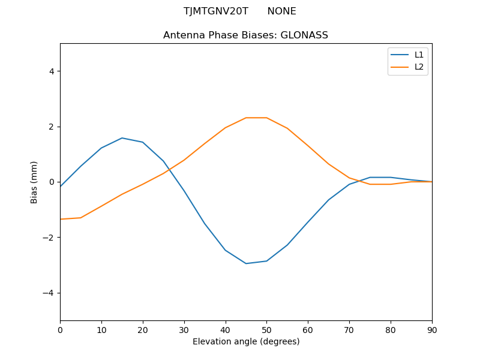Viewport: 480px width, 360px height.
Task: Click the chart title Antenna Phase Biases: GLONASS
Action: point(245,35)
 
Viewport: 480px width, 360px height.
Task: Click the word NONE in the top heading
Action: point(281,11)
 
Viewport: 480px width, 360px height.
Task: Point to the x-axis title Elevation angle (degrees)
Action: point(246,341)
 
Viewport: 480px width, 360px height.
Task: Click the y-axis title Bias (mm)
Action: point(35,182)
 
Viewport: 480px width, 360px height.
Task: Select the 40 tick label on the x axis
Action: point(226,329)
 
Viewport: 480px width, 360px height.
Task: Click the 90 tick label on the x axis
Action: point(432,329)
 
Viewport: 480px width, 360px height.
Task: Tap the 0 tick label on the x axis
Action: point(60,329)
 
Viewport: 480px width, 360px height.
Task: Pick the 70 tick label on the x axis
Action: point(349,329)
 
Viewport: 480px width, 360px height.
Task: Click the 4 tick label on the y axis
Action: point(52,71)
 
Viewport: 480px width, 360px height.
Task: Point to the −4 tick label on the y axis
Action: point(49,293)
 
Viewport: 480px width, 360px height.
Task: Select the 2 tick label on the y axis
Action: point(52,127)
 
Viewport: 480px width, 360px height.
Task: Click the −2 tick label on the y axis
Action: point(49,238)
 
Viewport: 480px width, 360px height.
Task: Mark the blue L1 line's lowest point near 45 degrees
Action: point(246,263)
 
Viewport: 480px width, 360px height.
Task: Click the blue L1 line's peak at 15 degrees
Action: point(122,138)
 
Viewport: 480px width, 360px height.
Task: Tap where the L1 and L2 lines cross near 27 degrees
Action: point(168,170)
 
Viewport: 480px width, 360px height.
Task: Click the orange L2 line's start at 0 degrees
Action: point(61,219)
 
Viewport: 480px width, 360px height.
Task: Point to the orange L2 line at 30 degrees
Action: point(184,160)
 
